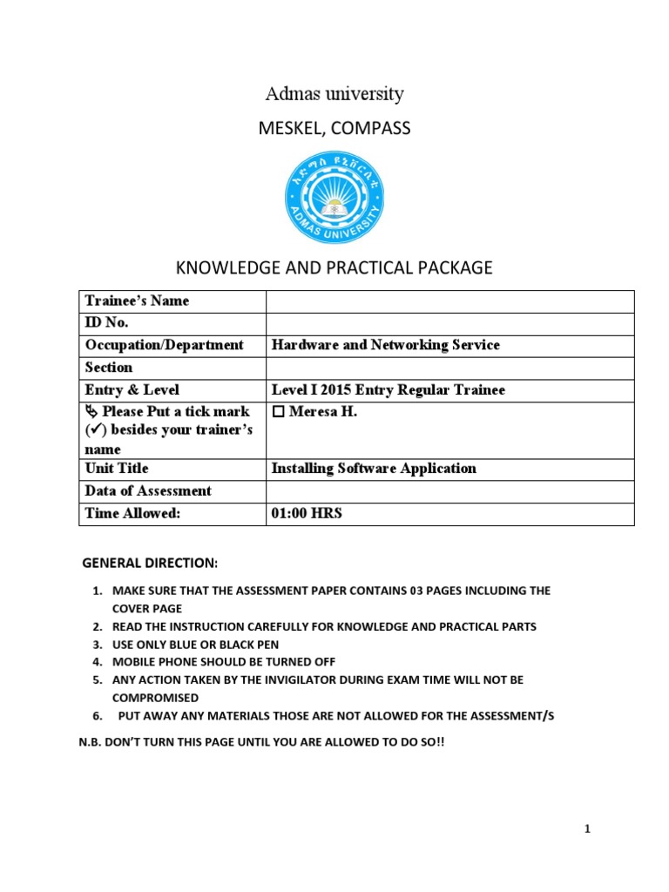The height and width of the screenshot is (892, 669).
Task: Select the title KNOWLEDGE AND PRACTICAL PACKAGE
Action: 334,268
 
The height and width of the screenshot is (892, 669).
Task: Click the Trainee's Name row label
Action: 137,301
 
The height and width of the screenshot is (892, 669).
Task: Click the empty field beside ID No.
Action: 449,323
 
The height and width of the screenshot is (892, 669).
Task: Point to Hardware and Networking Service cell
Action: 386,345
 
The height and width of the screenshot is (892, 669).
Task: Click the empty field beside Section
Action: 449,368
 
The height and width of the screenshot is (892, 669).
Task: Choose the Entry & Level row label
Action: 132,390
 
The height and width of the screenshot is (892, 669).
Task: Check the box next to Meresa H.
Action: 278,412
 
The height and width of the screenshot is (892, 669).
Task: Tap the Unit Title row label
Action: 117,469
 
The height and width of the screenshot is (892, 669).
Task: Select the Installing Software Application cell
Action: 374,469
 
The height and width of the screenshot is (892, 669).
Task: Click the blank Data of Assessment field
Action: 449,491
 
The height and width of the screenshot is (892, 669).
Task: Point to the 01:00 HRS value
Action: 307,514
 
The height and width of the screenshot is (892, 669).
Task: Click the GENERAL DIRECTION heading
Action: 150,563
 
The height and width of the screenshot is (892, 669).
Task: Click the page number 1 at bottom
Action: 588,829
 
